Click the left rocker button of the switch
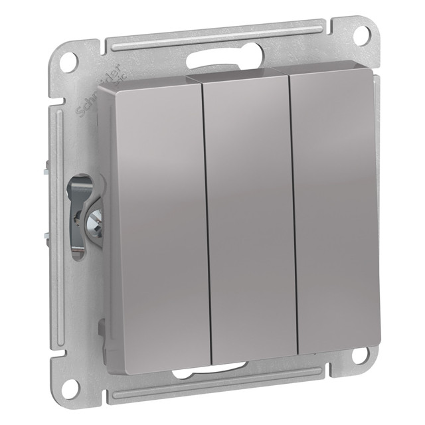153,219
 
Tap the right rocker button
332,212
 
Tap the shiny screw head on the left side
95,216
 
